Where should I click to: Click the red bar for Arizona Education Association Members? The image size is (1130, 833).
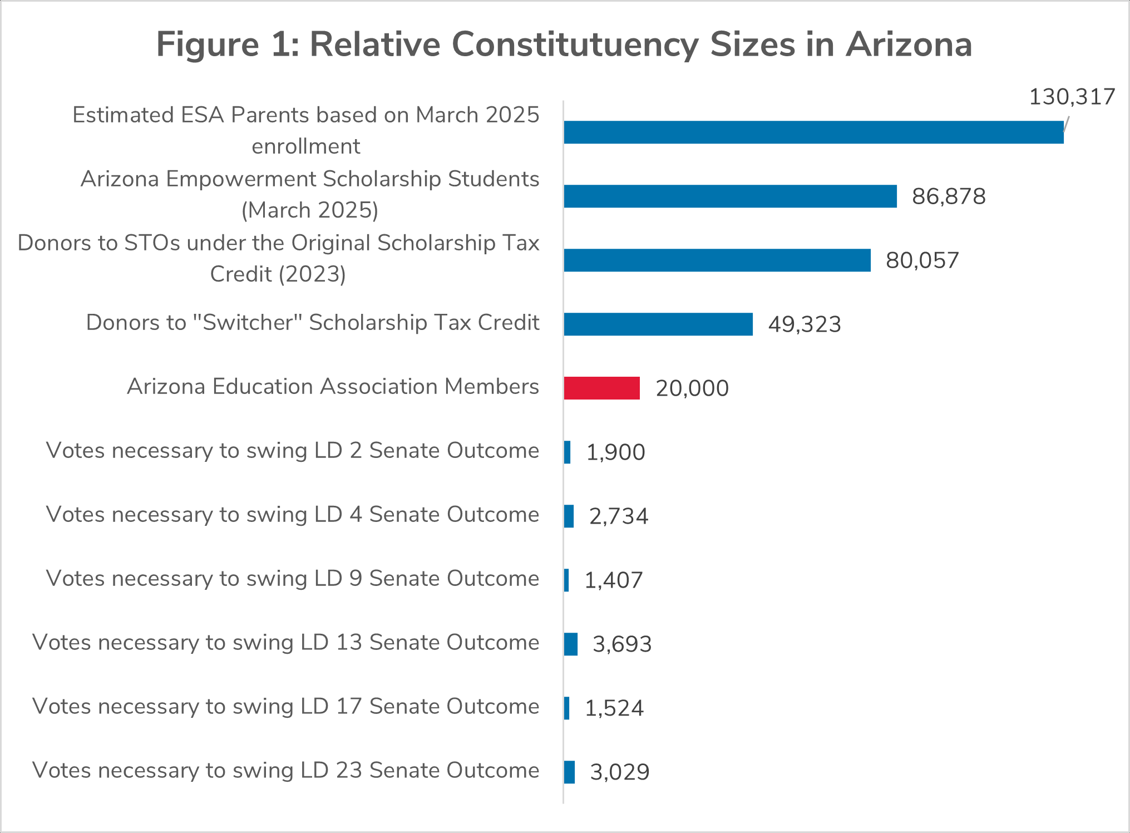(601, 388)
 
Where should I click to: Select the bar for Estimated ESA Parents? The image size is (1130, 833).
(813, 132)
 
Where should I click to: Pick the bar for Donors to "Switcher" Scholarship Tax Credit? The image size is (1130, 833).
(658, 324)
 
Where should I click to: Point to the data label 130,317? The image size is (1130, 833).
(1072, 97)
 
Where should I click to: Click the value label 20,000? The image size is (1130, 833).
(692, 388)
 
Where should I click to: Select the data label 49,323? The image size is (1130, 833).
(804, 324)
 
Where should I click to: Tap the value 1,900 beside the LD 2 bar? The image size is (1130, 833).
(615, 452)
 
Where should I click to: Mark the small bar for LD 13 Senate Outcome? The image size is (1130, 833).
(571, 644)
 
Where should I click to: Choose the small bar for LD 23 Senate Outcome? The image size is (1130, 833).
(569, 772)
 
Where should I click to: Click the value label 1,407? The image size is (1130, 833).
(613, 580)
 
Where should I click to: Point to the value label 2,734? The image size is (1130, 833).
(618, 516)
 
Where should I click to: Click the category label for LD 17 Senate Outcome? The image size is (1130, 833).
(285, 706)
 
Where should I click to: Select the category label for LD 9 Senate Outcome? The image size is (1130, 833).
(292, 578)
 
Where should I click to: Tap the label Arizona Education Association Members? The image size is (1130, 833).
(333, 386)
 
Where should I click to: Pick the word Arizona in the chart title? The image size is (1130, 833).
(909, 45)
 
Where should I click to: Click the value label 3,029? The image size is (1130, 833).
(619, 772)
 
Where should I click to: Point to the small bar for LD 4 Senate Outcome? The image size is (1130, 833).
(569, 516)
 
